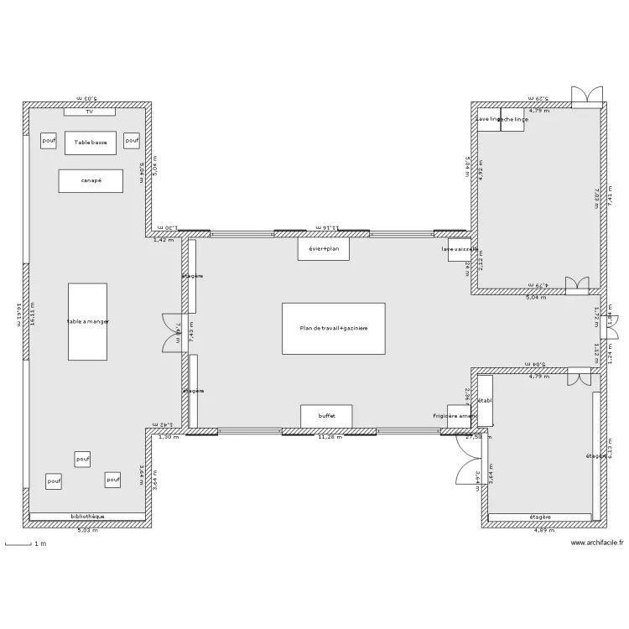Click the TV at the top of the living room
89,112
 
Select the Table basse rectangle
90,143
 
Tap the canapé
91,180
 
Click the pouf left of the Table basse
49,141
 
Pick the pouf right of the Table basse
132,141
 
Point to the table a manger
87,321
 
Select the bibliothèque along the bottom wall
87,516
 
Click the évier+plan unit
323,248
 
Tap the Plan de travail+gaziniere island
333,327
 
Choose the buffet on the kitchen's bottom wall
326,416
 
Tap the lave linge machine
489,119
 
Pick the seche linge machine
512,119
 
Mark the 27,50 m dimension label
473,437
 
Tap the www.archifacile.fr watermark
597,543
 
